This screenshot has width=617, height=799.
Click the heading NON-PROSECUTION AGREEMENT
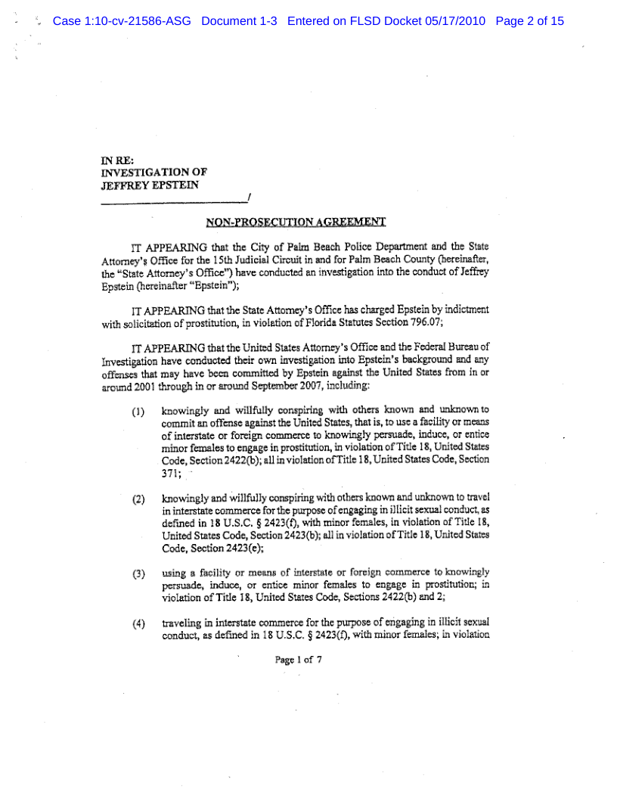(x=296, y=222)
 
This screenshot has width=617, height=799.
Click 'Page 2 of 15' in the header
(x=530, y=21)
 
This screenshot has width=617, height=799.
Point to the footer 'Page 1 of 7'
(x=299, y=659)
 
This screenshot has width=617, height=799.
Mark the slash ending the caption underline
(x=249, y=199)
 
